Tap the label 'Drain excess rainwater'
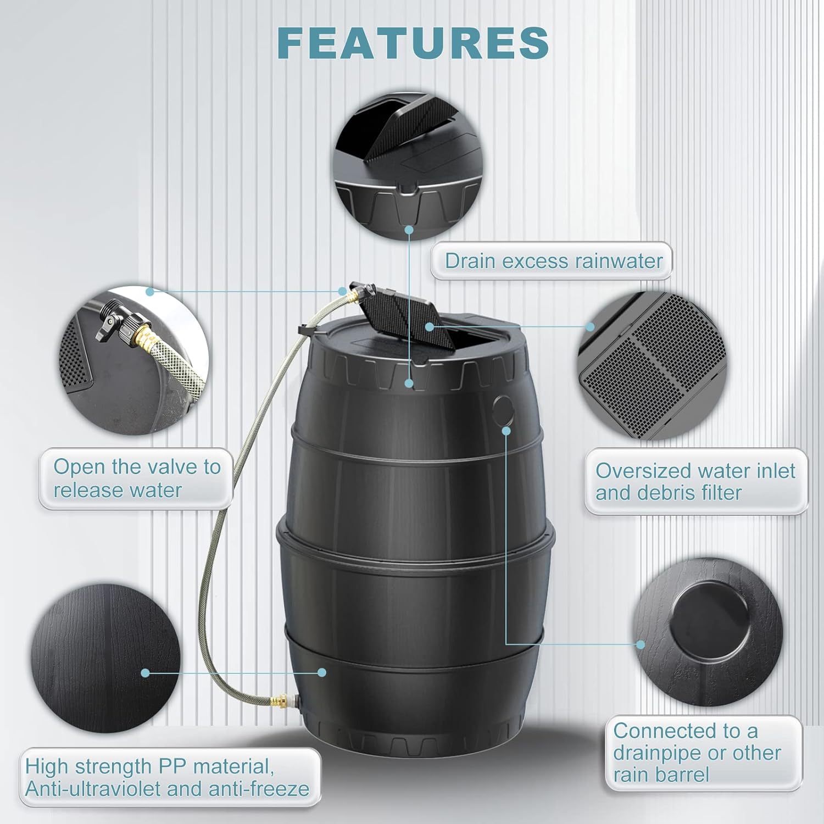click(553, 261)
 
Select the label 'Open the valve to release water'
click(136, 478)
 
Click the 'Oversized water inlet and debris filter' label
click(695, 482)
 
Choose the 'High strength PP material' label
click(168, 777)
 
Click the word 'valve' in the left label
click(175, 467)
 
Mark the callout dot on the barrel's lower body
click(322, 672)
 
